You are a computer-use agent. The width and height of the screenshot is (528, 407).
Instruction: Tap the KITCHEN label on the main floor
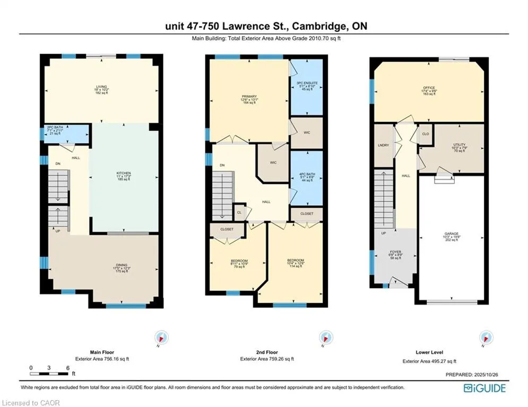coord(124,173)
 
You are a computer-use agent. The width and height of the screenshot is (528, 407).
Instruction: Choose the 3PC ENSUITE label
coord(307,82)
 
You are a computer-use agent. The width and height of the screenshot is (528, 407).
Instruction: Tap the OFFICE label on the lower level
coord(429,88)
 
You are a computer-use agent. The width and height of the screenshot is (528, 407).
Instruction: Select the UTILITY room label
coord(459,144)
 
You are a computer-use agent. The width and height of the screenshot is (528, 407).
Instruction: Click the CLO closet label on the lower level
coord(425,134)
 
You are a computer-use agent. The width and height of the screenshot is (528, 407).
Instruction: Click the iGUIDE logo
coord(484,388)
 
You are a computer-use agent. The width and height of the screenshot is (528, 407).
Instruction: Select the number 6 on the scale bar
coord(68,367)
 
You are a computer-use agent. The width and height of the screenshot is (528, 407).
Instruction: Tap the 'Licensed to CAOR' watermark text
coord(31,403)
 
